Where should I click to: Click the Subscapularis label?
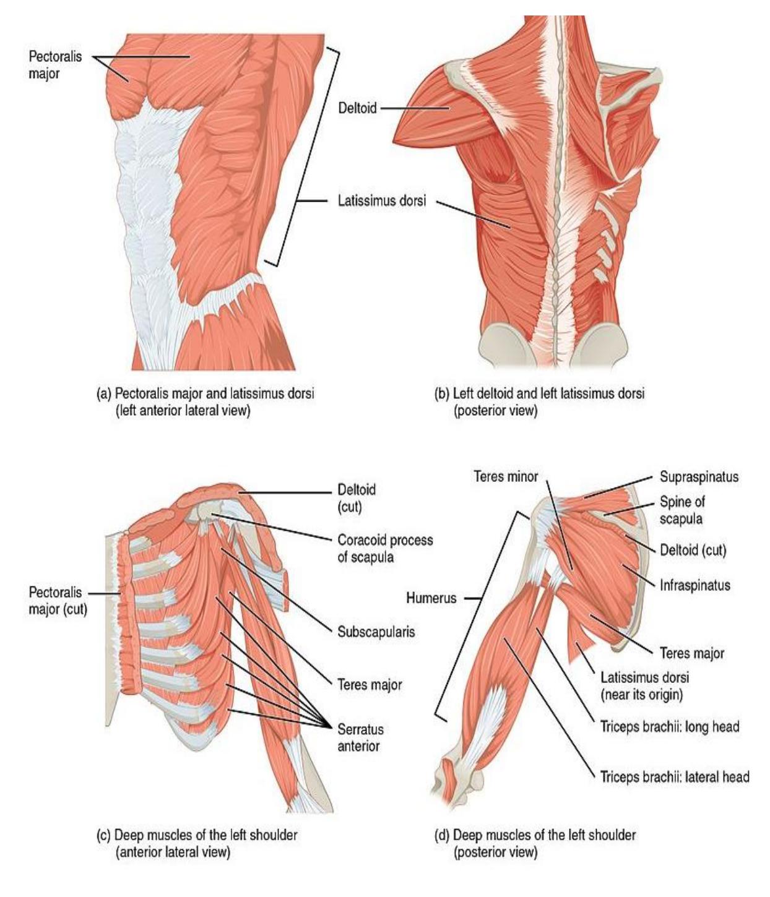pyautogui.click(x=376, y=632)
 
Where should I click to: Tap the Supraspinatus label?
pyautogui.click(x=699, y=476)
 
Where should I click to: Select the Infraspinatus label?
pyautogui.click(x=695, y=585)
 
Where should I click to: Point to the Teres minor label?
pyautogui.click(x=506, y=476)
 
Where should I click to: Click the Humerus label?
pyautogui.click(x=431, y=598)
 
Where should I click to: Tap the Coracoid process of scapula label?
pyautogui.click(x=385, y=549)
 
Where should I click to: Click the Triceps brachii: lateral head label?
pyautogui.click(x=675, y=776)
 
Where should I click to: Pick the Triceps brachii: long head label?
pyautogui.click(x=669, y=726)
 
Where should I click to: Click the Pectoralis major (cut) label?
pyautogui.click(x=58, y=601)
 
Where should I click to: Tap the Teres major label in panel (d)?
pyautogui.click(x=692, y=653)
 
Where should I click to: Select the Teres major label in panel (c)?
pyautogui.click(x=370, y=685)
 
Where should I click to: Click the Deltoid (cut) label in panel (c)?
pyautogui.click(x=356, y=498)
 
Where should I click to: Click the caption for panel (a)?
pyautogui.click(x=205, y=402)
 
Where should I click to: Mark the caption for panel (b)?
pyautogui.click(x=539, y=402)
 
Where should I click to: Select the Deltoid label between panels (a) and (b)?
pyautogui.click(x=357, y=108)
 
